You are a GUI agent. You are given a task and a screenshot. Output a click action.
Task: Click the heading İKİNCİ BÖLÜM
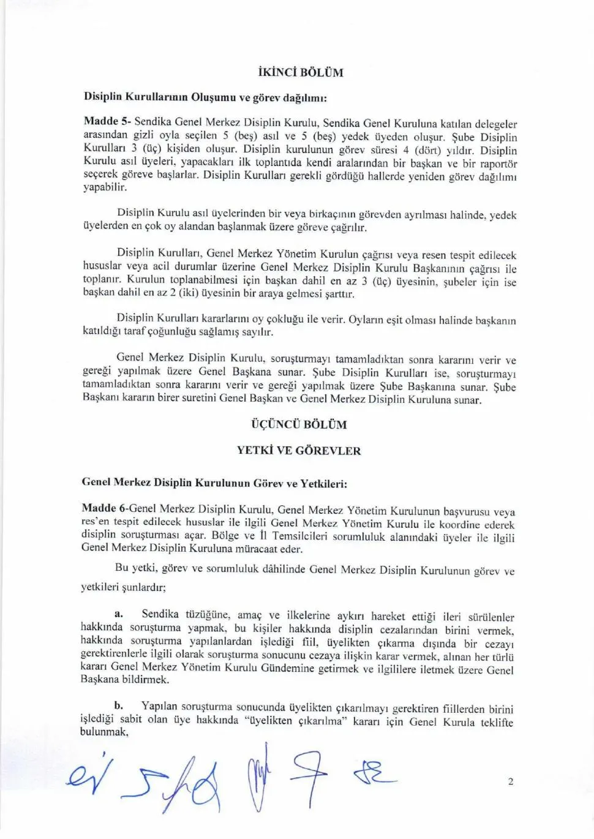click(301, 72)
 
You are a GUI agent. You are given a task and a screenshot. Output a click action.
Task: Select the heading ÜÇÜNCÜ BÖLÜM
click(299, 424)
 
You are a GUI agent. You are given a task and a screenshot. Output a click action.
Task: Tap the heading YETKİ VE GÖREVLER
click(299, 451)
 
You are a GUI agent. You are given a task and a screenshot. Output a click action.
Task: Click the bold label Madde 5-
click(107, 121)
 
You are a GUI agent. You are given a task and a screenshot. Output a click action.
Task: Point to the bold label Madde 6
click(103, 508)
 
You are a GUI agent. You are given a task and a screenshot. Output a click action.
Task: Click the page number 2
click(510, 781)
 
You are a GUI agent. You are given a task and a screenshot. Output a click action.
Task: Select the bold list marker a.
click(119, 613)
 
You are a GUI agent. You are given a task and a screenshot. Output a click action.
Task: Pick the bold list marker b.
click(119, 705)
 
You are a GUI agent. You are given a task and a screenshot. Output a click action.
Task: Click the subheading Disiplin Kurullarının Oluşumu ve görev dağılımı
click(205, 97)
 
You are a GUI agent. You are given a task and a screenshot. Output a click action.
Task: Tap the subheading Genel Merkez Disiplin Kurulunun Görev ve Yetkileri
click(214, 483)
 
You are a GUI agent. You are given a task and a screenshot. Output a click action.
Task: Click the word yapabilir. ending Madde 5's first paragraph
click(105, 188)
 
